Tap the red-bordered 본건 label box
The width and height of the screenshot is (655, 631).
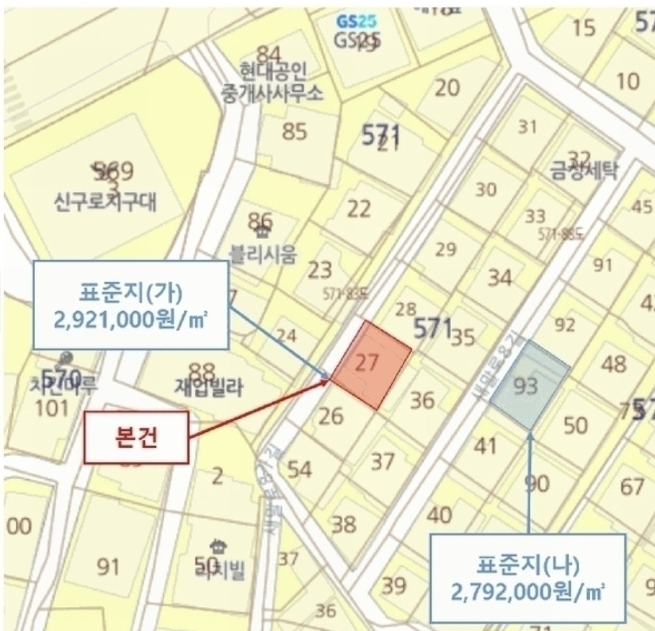coord(136,437)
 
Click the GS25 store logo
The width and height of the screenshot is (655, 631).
coord(357,22)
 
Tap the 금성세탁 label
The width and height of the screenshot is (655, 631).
coord(583,171)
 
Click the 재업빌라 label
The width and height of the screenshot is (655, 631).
coord(208,387)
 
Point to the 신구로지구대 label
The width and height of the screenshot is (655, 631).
coord(105,201)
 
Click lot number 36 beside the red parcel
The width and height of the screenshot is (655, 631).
coord(422,400)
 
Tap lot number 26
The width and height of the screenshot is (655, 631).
coord(331,416)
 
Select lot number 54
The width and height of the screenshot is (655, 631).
coord(300,470)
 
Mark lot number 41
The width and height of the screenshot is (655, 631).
coord(485,446)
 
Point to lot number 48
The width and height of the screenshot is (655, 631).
coord(613,365)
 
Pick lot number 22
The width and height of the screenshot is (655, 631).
coord(358,209)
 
